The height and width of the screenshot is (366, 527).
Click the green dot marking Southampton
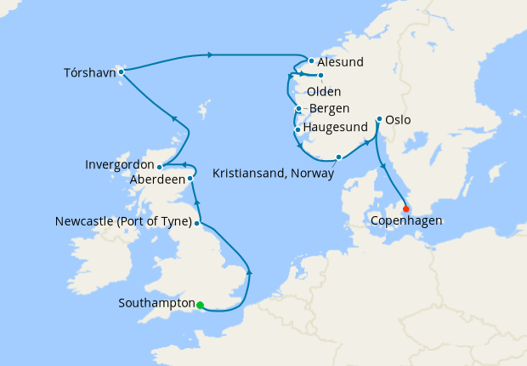[x=201, y=305]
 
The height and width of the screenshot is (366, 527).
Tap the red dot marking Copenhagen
[x=405, y=209]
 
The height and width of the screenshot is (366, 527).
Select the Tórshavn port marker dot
[x=122, y=71]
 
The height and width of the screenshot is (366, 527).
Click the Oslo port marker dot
[x=378, y=120]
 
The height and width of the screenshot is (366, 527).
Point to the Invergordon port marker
[x=160, y=167]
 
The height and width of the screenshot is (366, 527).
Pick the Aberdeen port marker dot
[x=190, y=179]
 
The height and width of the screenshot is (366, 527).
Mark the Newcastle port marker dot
[x=197, y=224]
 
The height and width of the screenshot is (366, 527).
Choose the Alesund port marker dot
[x=312, y=61]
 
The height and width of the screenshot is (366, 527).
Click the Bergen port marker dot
[x=299, y=109]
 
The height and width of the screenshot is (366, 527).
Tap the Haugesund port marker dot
[x=297, y=130]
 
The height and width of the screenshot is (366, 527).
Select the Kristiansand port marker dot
[x=339, y=157]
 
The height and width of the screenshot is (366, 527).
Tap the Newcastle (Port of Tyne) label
[x=122, y=224]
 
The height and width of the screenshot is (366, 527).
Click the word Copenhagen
[x=406, y=223]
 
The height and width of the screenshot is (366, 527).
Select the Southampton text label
[x=157, y=302]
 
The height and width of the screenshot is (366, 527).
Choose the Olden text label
[x=324, y=91]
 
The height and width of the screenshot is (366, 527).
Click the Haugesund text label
[x=336, y=128]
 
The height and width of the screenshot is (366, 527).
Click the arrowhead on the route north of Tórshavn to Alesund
[x=209, y=55]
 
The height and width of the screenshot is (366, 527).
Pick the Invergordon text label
[x=120, y=164]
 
